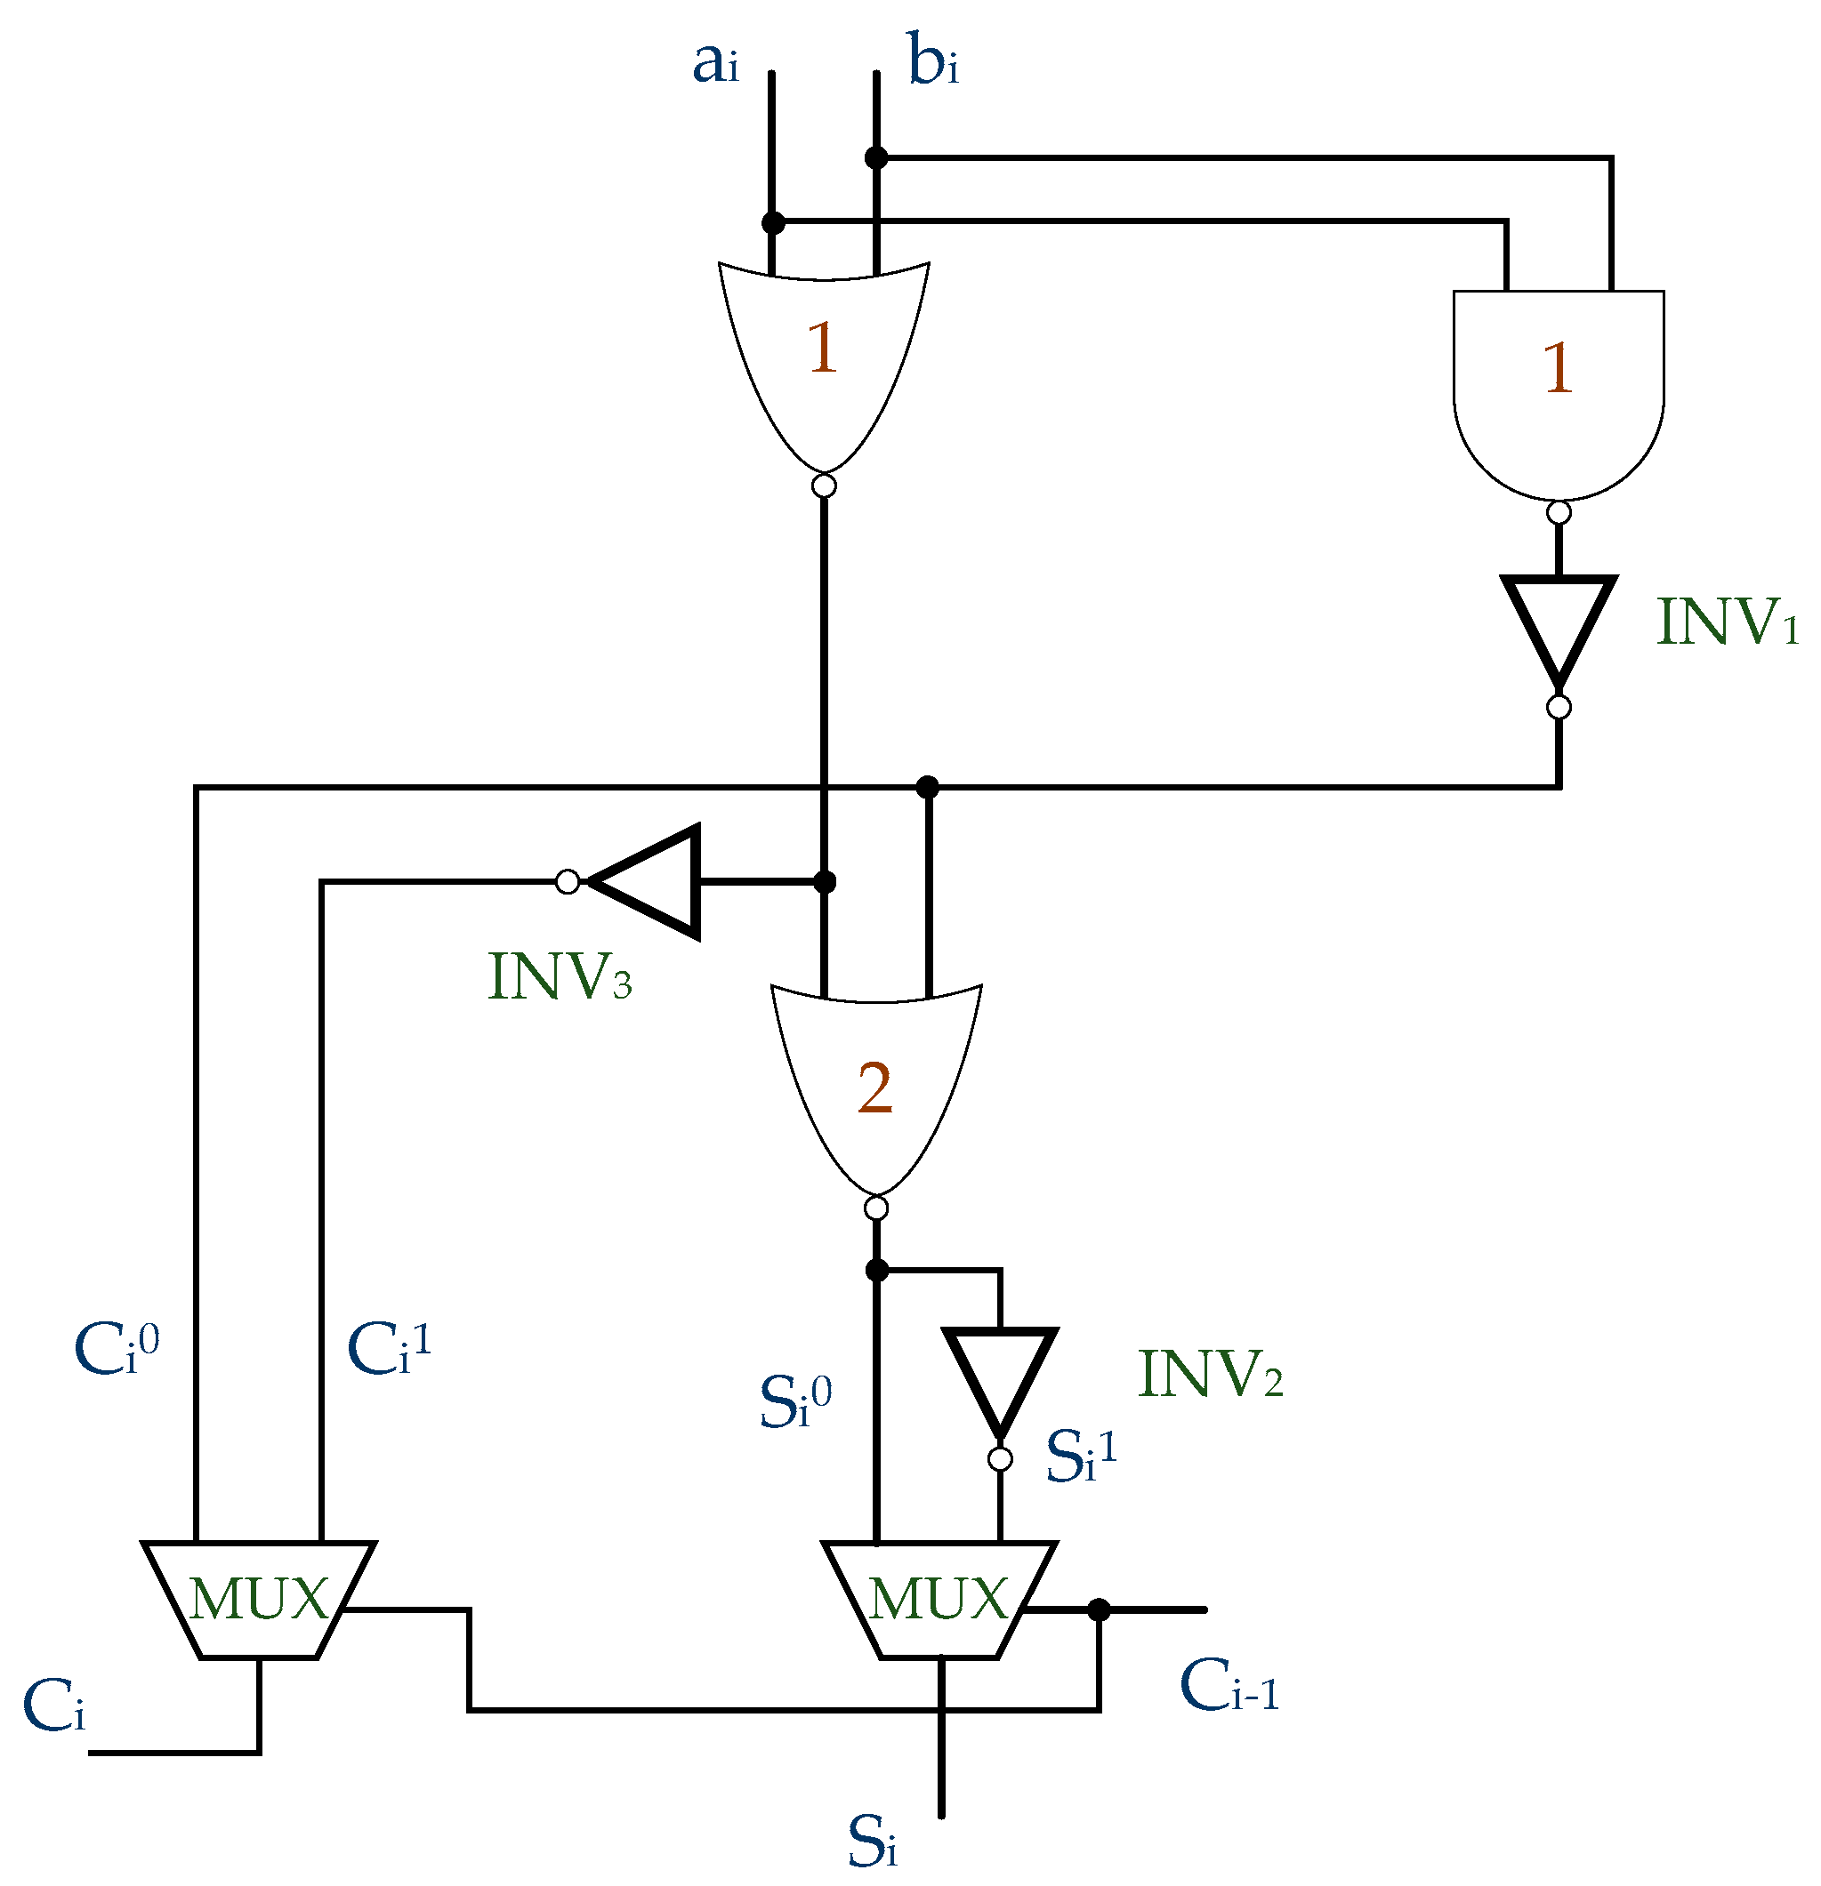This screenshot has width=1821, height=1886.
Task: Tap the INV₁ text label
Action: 1726,622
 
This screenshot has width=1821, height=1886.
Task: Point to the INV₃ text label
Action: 560,977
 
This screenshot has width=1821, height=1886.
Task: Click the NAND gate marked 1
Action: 1558,385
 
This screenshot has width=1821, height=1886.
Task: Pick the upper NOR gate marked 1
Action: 823,356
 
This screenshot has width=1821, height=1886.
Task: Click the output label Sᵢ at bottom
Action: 872,1842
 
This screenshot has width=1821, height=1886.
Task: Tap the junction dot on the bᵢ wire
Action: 876,156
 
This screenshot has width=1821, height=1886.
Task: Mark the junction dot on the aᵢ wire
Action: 772,223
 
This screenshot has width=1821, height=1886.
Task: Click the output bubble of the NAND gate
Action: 1559,513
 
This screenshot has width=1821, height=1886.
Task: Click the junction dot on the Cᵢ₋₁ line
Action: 1098,1609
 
